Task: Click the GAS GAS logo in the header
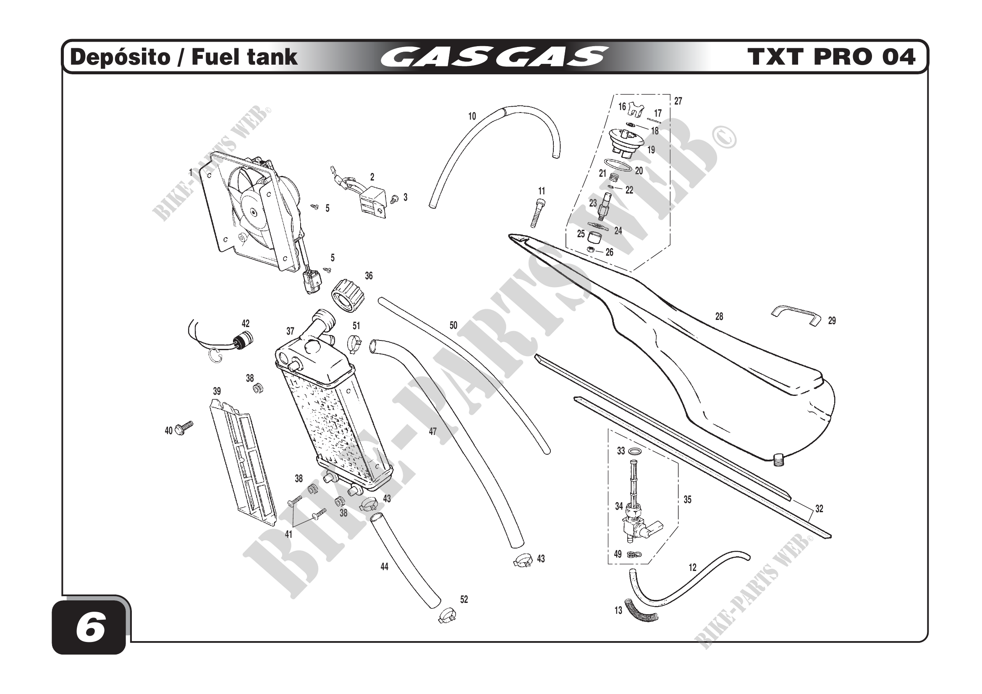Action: (x=494, y=57)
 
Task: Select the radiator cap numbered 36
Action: (x=348, y=296)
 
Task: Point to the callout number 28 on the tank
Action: (x=719, y=317)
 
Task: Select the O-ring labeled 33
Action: (x=636, y=451)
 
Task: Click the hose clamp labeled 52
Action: (x=447, y=616)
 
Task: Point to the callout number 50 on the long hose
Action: (x=453, y=325)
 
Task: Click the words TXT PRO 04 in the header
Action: (x=831, y=57)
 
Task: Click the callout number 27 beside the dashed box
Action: (x=678, y=101)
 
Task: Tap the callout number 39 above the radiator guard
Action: (x=217, y=391)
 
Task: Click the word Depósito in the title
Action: (x=120, y=57)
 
